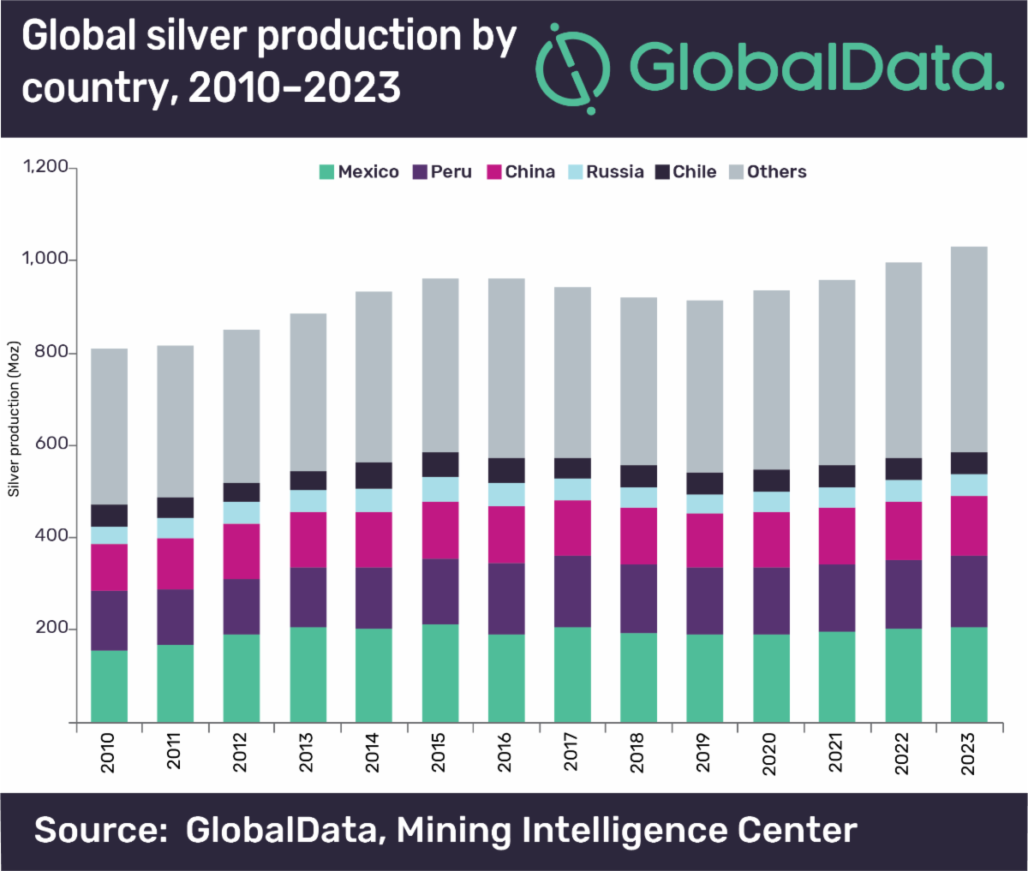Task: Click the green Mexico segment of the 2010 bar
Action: (109, 685)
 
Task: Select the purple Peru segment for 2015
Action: (440, 591)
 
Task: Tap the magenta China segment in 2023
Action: (969, 525)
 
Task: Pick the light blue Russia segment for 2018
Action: (639, 498)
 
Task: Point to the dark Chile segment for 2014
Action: (374, 475)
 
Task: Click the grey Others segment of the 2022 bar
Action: (903, 360)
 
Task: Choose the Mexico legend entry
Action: (359, 172)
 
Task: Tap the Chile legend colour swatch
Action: (662, 172)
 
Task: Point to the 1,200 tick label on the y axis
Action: (45, 167)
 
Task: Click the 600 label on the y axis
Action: (51, 444)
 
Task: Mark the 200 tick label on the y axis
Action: (51, 629)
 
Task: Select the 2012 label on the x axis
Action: (241, 752)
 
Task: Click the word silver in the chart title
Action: (196, 37)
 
